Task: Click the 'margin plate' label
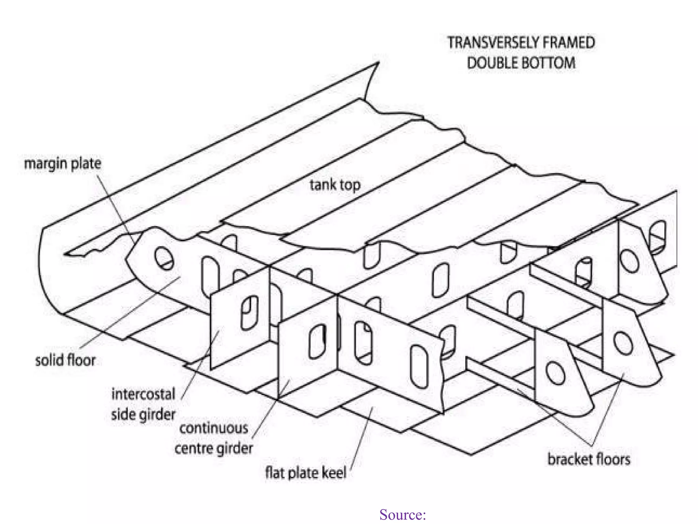[x=62, y=164]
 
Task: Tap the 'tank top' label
[x=335, y=185]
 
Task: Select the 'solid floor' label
[x=65, y=360]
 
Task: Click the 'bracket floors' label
[x=589, y=459]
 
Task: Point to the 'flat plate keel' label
[x=305, y=473]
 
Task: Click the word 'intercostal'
[x=143, y=394]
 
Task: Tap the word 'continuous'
[x=214, y=428]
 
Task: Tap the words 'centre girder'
[x=214, y=448]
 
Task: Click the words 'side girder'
[x=143, y=415]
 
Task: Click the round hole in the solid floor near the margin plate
[x=164, y=258]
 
